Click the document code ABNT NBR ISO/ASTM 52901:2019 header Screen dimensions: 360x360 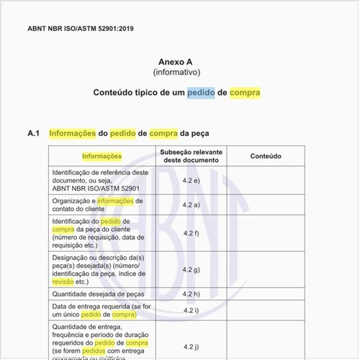(x=81, y=29)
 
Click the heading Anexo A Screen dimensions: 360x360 (x=176, y=63)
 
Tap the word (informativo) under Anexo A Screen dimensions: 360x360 (x=176, y=73)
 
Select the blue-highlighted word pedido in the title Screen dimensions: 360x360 (x=201, y=93)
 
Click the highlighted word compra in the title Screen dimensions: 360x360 (x=245, y=93)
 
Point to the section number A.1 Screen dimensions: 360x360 (x=33, y=133)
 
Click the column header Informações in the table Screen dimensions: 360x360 (x=102, y=156)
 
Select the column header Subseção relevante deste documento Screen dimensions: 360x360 (x=191, y=156)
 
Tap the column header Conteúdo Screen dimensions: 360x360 (x=266, y=156)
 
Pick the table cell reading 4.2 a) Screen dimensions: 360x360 (x=191, y=204)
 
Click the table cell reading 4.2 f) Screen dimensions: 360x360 (x=191, y=233)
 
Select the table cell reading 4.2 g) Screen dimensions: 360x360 (x=191, y=269)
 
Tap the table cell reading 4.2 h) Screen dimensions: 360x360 (x=191, y=294)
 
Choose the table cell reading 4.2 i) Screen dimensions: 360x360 (x=191, y=310)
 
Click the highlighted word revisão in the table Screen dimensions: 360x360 (x=63, y=282)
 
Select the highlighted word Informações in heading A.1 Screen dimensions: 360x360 (x=72, y=133)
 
